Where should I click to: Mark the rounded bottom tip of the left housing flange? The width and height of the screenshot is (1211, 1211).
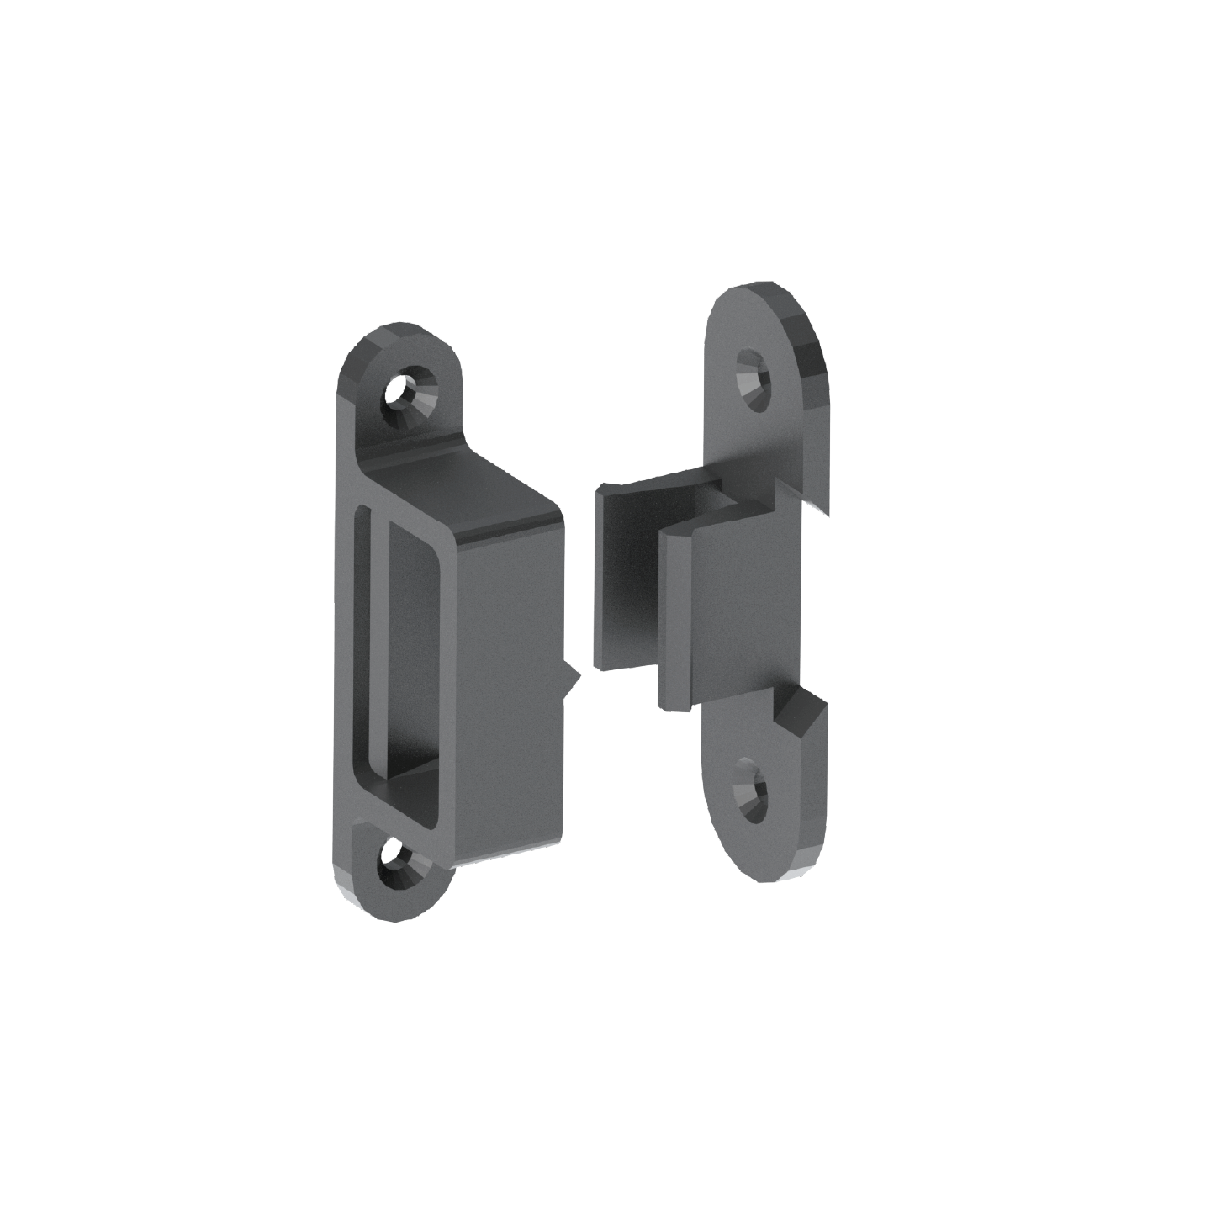tap(370, 908)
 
